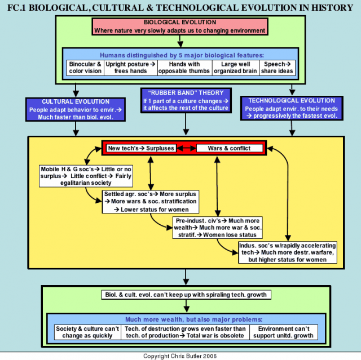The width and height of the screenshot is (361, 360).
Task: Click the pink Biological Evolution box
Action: (x=180, y=26)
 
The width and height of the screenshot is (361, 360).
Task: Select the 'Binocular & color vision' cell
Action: (x=85, y=68)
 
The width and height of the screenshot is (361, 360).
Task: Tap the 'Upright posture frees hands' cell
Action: (x=130, y=68)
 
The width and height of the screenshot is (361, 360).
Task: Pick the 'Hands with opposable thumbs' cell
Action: (x=184, y=68)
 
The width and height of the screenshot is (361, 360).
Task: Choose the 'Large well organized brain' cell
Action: (x=235, y=68)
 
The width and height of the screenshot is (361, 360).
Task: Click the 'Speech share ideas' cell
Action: (x=277, y=68)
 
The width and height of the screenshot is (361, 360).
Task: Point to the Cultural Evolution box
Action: (x=76, y=109)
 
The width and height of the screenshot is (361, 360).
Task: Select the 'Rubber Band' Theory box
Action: (x=186, y=100)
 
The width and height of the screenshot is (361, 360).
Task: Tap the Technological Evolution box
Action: (x=292, y=108)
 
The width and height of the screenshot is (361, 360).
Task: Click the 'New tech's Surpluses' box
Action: (x=141, y=148)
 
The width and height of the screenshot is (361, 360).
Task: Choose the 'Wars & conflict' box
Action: (x=230, y=148)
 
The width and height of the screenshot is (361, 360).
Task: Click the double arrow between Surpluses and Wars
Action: (x=186, y=148)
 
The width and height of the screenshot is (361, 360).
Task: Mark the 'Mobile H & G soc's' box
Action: (x=86, y=176)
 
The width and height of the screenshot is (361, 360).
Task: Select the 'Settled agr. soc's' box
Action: (x=151, y=202)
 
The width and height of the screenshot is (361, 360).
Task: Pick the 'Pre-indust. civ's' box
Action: (x=218, y=228)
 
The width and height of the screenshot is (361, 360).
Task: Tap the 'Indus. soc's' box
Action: (x=288, y=252)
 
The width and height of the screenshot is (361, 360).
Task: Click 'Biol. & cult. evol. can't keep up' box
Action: (x=186, y=295)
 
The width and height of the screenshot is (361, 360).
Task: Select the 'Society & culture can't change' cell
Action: (x=87, y=332)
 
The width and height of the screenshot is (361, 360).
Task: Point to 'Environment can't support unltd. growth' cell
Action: (x=284, y=332)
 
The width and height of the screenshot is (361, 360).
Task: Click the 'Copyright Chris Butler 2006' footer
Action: (x=180, y=356)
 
